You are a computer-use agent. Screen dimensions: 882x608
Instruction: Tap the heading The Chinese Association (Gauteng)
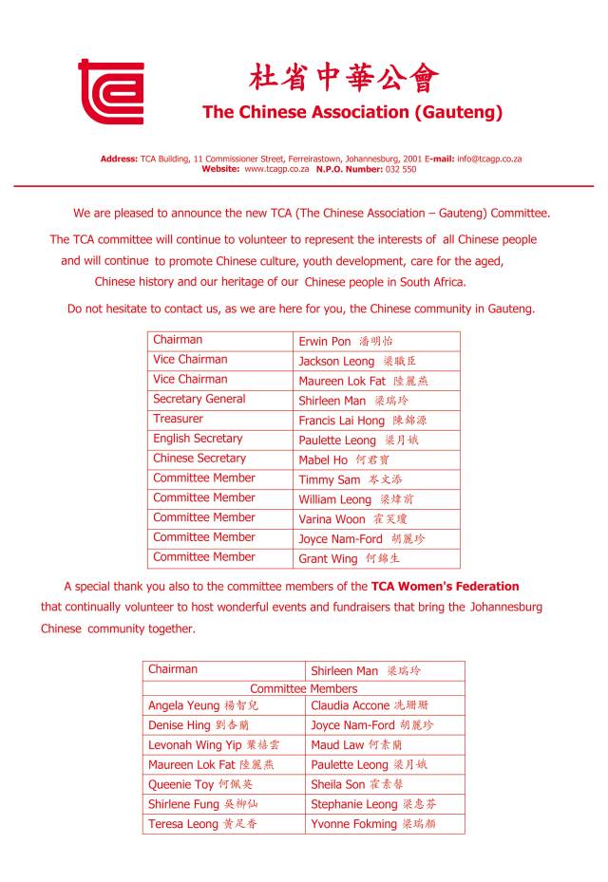(352, 112)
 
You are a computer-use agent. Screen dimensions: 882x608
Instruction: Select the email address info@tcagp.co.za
(489, 159)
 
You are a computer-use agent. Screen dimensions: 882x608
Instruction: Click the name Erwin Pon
(325, 341)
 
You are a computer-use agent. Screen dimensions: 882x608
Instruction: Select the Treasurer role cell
(178, 419)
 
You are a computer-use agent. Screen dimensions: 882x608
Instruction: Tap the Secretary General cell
(199, 399)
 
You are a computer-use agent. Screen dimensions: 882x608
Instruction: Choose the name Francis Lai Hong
(341, 421)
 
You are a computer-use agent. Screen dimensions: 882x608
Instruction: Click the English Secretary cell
(198, 439)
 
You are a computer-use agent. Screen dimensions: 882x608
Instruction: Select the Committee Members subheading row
(304, 688)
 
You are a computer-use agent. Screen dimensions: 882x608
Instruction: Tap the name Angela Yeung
(183, 706)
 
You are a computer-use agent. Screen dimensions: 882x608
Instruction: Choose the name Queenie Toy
(180, 785)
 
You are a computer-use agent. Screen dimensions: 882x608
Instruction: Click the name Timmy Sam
(329, 480)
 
